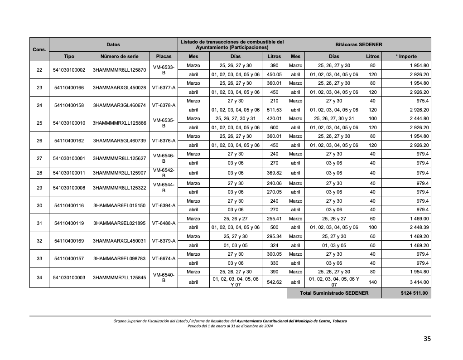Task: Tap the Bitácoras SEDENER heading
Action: coord(359,45)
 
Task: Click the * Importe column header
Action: coord(406,57)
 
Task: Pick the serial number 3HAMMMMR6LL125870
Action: coord(119,70)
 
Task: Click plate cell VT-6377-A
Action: coord(164,88)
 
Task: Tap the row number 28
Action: coord(39,173)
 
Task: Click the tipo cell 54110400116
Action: coord(69,205)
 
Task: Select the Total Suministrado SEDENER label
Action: coord(334,293)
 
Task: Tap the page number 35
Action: coord(427,339)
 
